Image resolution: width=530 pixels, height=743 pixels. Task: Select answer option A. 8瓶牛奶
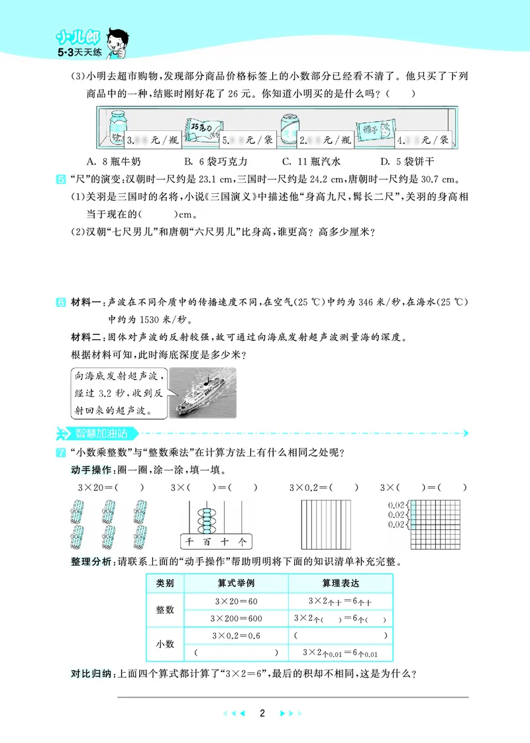(x=113, y=161)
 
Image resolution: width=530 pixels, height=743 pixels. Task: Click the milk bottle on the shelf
(x=117, y=128)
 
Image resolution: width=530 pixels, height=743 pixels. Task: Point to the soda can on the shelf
(x=290, y=127)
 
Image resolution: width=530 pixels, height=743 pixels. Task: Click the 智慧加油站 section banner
(x=99, y=434)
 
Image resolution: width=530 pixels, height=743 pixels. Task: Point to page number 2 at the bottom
(x=263, y=713)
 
